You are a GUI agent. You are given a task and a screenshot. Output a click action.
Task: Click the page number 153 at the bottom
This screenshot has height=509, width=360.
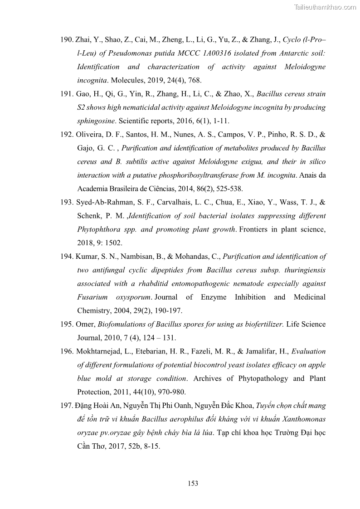click(x=193, y=484)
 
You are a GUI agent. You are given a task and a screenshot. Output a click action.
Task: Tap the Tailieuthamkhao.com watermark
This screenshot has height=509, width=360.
click(x=325, y=7)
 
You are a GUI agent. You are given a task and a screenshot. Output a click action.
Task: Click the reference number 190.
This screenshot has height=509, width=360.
click(x=67, y=40)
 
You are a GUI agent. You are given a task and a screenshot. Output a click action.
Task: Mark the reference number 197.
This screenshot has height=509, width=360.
click(x=67, y=405)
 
